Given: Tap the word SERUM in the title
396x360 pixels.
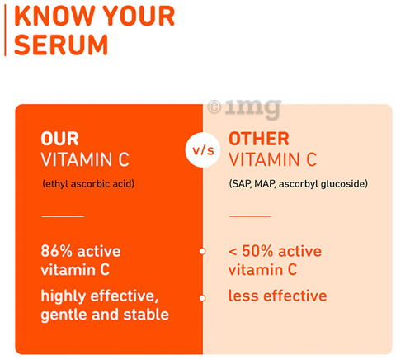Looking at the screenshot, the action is pyautogui.click(x=61, y=45).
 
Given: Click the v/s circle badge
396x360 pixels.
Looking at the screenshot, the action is pyautogui.click(x=203, y=150).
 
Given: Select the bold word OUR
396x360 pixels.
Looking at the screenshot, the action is pyautogui.click(x=60, y=139).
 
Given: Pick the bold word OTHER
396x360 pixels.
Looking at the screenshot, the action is pyautogui.click(x=259, y=139).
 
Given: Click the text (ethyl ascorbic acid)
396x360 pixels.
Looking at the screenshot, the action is pyautogui.click(x=88, y=183).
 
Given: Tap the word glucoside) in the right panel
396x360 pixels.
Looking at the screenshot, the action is pyautogui.click(x=344, y=184).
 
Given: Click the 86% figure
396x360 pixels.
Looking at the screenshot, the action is pyautogui.click(x=57, y=251).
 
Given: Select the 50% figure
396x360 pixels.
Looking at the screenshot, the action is pyautogui.click(x=257, y=251).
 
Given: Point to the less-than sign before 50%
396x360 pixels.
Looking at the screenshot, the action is pyautogui.click(x=233, y=252).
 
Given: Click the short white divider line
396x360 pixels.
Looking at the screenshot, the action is pyautogui.click(x=63, y=216).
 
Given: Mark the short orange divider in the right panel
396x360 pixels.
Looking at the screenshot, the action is pyautogui.click(x=250, y=216).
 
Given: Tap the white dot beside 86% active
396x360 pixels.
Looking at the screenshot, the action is pyautogui.click(x=202, y=251).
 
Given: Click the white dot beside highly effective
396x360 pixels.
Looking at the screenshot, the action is pyautogui.click(x=202, y=298).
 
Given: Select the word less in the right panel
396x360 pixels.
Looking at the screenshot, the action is pyautogui.click(x=243, y=296).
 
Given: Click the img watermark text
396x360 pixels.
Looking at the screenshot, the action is pyautogui.click(x=253, y=108).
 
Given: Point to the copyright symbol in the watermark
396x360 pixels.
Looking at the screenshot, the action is pyautogui.click(x=214, y=107).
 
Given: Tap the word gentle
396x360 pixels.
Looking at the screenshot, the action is pyautogui.click(x=64, y=315).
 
